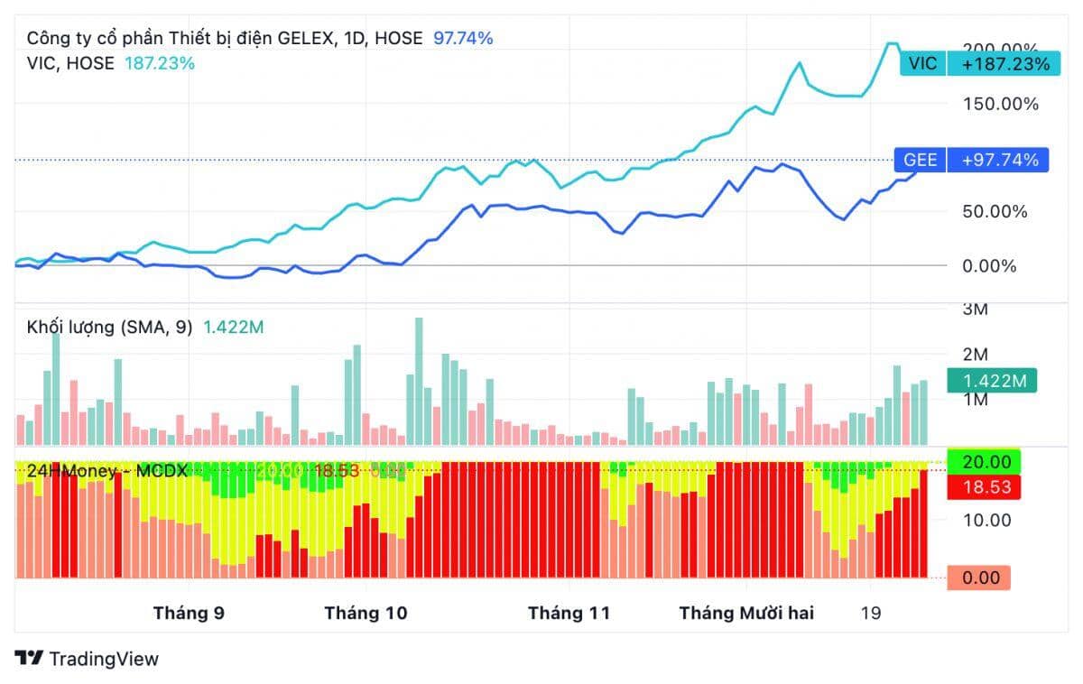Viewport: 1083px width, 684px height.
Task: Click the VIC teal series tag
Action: pos(922,63)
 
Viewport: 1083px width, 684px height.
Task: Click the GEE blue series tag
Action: pos(920,161)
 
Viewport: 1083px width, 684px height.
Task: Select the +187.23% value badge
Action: pos(1004,63)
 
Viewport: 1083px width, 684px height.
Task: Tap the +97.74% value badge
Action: pos(999,161)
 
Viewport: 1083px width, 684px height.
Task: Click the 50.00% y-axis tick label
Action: pos(995,212)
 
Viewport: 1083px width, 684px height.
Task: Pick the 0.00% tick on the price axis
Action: pos(989,266)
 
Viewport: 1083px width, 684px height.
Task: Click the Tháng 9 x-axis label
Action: pos(189,614)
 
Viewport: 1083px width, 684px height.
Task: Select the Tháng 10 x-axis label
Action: pos(366,614)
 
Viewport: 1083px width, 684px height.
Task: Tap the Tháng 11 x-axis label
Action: pos(569,614)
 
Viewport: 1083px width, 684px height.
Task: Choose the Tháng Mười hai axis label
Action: pos(746,614)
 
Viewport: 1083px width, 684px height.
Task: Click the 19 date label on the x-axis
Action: pos(870,614)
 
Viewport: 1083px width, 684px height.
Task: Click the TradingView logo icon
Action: pos(30,659)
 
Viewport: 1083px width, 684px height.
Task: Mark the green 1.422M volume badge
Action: pos(992,381)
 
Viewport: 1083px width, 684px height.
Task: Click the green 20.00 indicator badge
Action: pos(984,462)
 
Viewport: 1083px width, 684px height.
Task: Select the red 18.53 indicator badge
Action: pos(984,488)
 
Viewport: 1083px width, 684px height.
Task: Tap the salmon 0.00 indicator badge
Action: pos(978,578)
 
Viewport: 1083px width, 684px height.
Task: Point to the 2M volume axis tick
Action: pos(977,354)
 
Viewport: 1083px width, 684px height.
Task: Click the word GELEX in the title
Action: pos(305,38)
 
